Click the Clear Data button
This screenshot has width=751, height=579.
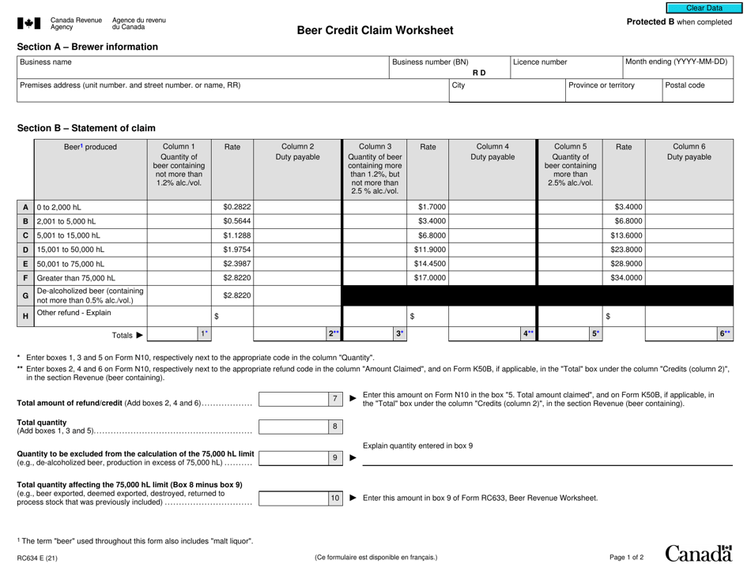[x=704, y=7]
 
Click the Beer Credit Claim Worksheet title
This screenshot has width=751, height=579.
[x=375, y=31]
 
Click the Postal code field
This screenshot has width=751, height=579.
[x=696, y=90]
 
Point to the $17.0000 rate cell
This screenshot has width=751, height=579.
[x=427, y=278]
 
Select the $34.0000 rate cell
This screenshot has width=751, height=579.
[x=625, y=278]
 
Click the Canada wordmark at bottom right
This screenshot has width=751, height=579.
[x=699, y=555]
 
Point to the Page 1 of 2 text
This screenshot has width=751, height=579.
[x=626, y=558]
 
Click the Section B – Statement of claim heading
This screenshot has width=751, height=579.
[x=86, y=128]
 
